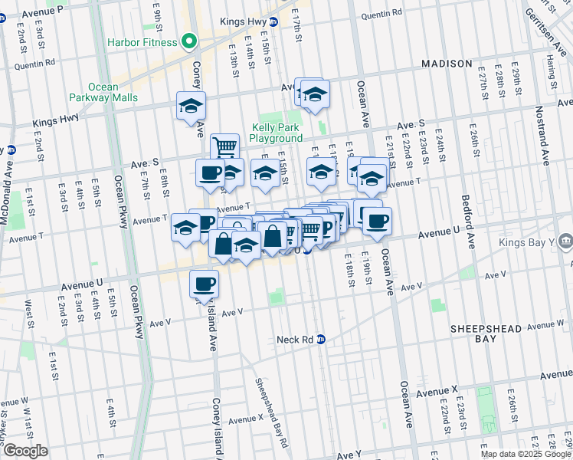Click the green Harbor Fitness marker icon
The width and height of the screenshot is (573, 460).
[x=189, y=42]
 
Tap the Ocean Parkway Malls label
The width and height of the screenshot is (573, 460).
[x=103, y=92]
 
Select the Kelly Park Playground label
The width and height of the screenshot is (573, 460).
[x=277, y=133]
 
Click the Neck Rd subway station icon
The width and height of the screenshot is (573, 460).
[x=322, y=339]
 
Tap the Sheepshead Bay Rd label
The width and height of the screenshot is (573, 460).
[x=270, y=412]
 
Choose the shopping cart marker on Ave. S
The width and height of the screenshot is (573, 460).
[x=224, y=146]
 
